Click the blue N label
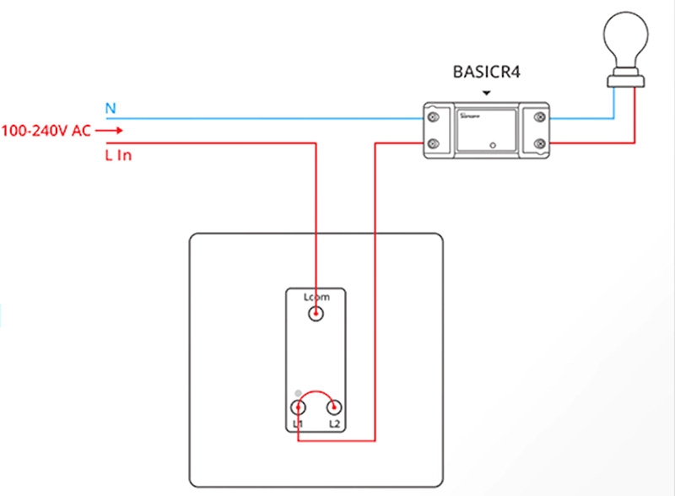(110, 108)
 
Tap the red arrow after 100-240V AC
(114, 131)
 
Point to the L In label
(118, 155)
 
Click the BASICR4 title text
(486, 73)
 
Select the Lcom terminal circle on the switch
(316, 315)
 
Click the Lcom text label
(316, 297)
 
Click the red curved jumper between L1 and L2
(316, 392)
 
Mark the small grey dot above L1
(297, 393)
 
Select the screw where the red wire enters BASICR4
(433, 143)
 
